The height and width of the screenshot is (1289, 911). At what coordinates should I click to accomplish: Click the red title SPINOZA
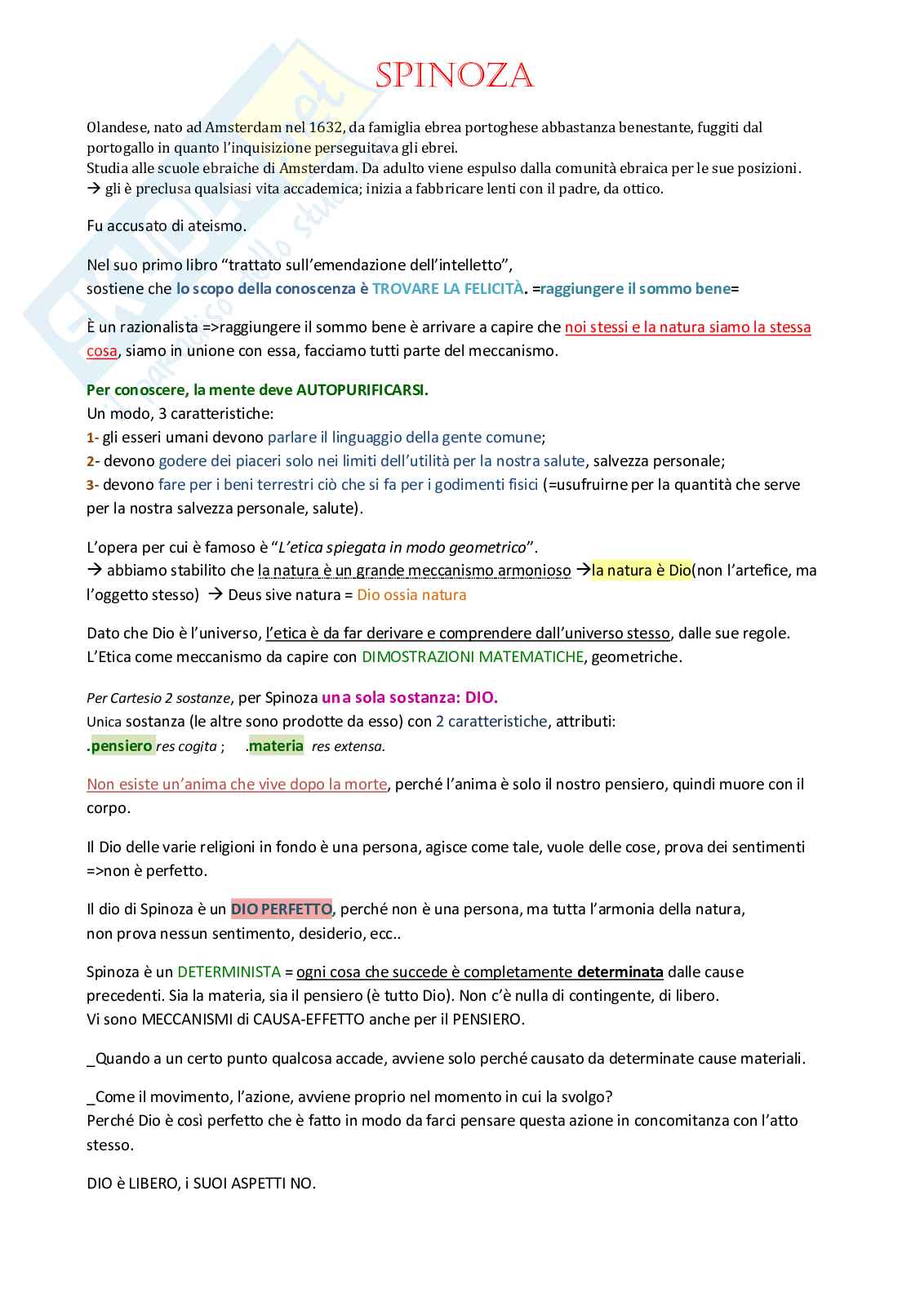point(454,77)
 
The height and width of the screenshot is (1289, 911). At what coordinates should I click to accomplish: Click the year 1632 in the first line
point(327,127)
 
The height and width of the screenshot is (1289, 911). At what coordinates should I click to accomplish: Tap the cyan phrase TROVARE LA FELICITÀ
point(447,289)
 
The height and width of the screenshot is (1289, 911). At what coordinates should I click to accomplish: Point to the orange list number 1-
point(92,438)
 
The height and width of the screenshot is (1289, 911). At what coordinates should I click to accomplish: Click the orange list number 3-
point(92,485)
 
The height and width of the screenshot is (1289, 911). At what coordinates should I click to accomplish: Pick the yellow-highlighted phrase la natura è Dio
point(642,571)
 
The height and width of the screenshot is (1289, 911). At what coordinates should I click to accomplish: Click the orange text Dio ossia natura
point(411,595)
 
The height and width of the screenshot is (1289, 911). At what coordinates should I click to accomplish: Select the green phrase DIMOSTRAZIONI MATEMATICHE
point(473,657)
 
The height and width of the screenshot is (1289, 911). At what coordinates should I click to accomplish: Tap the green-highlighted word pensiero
point(122,745)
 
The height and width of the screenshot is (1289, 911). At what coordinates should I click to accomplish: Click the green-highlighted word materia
point(276,745)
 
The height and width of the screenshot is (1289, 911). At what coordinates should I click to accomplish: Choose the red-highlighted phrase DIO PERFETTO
point(282,909)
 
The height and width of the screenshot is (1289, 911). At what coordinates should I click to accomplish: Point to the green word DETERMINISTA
point(229,972)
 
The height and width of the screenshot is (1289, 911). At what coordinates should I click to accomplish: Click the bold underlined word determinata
point(620,972)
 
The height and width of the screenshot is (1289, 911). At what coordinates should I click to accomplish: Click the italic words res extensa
point(349,746)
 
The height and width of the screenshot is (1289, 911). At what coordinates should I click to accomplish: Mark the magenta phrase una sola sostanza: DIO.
point(409,698)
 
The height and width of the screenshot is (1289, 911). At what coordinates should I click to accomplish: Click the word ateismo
point(218,226)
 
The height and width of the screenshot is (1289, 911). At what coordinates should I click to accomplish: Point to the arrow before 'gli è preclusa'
point(93,189)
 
